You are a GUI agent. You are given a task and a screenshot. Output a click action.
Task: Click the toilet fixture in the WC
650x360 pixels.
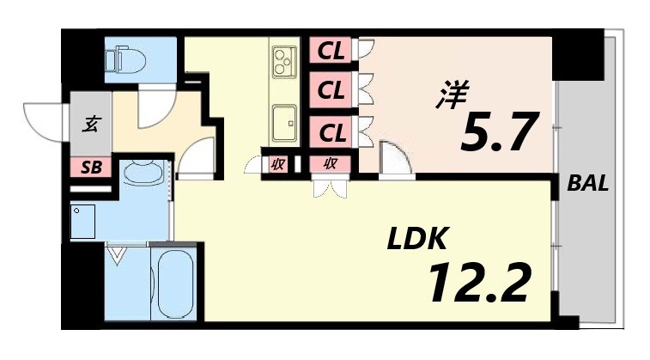[123, 59]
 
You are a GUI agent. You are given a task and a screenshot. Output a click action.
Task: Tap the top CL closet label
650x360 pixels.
[331, 52]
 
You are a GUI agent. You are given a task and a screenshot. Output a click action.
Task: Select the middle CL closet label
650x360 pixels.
[331, 88]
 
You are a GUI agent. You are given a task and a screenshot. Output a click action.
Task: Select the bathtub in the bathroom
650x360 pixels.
[175, 284]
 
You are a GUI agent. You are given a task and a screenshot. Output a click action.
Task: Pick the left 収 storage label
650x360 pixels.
[277, 165]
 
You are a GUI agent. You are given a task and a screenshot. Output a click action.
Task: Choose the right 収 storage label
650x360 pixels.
[330, 165]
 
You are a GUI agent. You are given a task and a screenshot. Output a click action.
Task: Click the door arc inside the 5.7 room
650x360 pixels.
[393, 159]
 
